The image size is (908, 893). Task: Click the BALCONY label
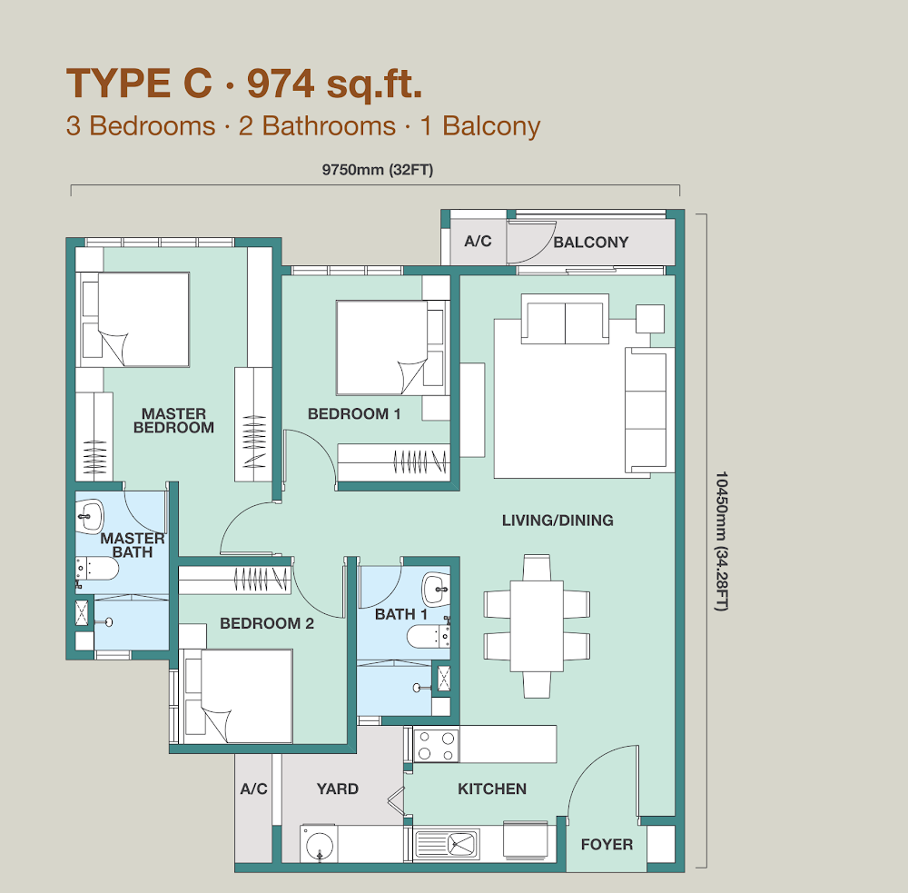pos(591,243)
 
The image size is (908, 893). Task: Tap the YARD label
pos(338,789)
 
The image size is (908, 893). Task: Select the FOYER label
pos(607,844)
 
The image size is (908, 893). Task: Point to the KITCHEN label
pos(492,789)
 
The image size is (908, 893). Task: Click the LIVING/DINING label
pos(558,521)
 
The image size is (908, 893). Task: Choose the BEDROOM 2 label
pos(267,623)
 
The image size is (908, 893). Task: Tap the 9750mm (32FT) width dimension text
pos(378,170)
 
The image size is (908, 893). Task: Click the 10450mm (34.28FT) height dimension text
pos(721,541)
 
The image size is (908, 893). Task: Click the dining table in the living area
pos(537,626)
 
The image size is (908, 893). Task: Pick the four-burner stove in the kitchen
pos(437,745)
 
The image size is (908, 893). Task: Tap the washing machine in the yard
pos(319,844)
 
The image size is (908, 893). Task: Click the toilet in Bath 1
pos(429,637)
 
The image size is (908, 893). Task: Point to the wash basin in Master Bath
pos(90,516)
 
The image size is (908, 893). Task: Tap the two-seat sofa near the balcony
pos(565,319)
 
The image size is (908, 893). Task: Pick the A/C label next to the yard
pos(253,789)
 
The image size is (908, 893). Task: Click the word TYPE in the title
pos(119,83)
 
